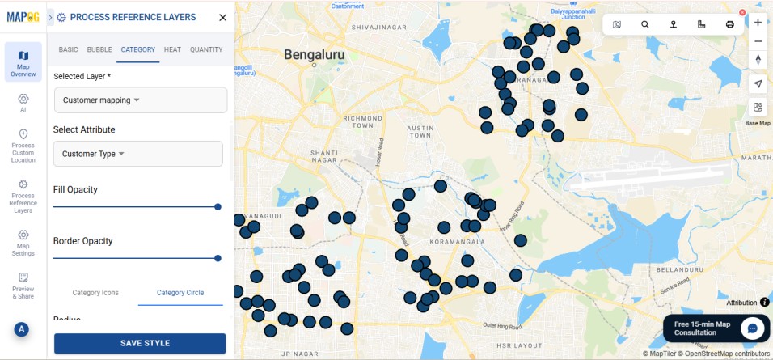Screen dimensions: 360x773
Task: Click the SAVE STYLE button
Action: tap(140, 343)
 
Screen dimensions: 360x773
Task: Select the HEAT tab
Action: tap(172, 49)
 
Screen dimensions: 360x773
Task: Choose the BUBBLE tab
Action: tap(99, 49)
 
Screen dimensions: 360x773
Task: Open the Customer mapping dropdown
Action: tap(140, 100)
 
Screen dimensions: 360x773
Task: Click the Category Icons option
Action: tap(95, 292)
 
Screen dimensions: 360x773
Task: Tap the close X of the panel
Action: tap(223, 17)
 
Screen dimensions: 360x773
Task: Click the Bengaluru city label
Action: tap(315, 55)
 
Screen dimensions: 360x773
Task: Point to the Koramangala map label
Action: tap(458, 241)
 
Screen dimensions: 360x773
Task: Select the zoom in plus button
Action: tap(758, 23)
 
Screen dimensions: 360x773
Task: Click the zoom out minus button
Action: tap(758, 41)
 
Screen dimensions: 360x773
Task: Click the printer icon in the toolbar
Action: tap(729, 24)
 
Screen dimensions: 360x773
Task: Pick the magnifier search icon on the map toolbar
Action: tap(644, 24)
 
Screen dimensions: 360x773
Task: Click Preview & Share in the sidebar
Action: tap(23, 285)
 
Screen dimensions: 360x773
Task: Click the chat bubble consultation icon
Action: tap(752, 328)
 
